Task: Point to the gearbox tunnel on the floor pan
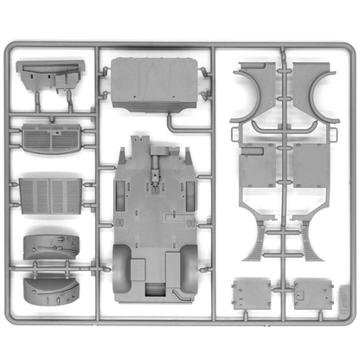(x=157, y=169)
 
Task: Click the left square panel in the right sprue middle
(x=257, y=166)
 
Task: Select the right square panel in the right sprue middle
(x=310, y=166)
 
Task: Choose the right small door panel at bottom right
(x=312, y=294)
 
